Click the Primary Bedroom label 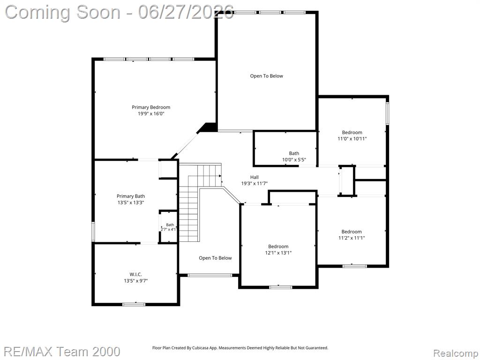[151, 107]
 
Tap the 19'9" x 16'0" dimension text [151, 113]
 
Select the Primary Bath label [131, 196]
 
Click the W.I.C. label [135, 274]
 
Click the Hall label [255, 177]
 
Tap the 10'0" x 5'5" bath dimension [294, 159]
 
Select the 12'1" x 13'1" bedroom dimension [278, 253]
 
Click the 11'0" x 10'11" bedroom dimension [352, 138]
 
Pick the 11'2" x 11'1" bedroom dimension [352, 238]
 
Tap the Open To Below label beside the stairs [215, 258]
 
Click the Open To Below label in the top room [267, 76]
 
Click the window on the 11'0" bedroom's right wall [387, 113]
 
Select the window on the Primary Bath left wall [93, 232]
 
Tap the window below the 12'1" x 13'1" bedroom [280, 287]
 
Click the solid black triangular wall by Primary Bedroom [209, 127]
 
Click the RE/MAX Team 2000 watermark [62, 351]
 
